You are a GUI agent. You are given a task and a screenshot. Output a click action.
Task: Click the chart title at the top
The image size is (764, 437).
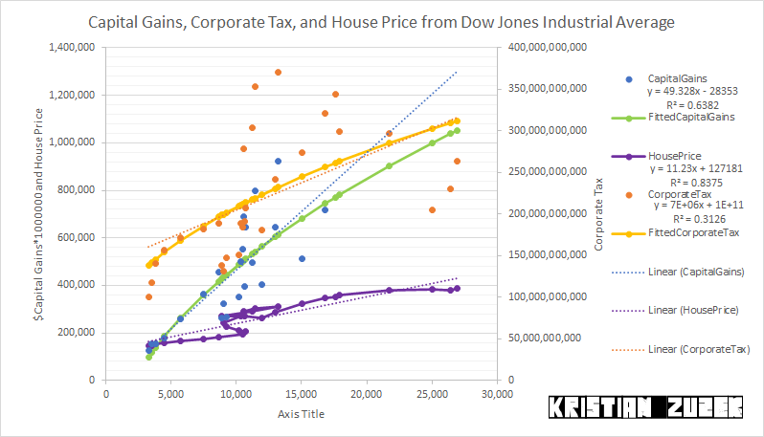point(381,21)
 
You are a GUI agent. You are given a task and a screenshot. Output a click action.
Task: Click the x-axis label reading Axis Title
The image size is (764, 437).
point(302,413)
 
